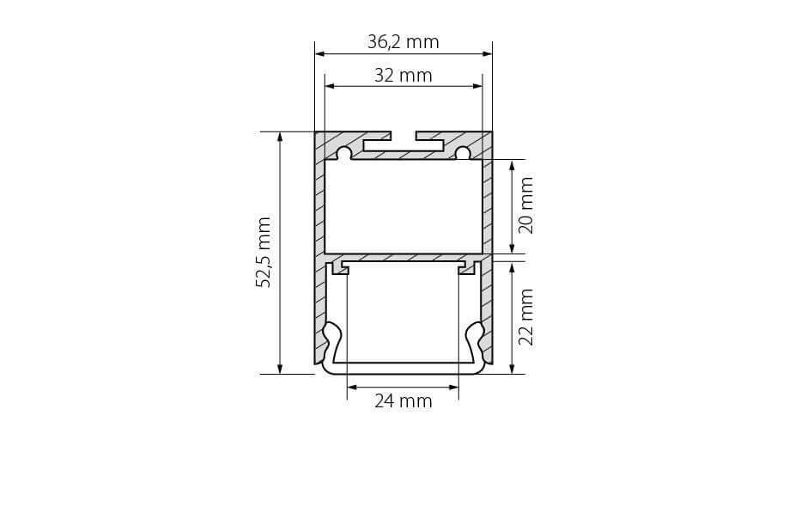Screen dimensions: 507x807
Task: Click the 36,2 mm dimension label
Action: coord(403,41)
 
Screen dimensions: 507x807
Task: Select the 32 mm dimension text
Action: coord(403,76)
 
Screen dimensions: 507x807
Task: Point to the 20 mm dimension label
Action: coord(526,205)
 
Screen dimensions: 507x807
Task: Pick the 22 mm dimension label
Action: coord(526,316)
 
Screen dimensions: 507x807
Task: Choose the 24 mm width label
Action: coord(403,400)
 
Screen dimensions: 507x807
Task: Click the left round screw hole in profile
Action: coord(343,154)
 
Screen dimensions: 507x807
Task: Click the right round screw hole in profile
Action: coord(463,154)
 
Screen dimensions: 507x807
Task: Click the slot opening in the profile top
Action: coord(403,136)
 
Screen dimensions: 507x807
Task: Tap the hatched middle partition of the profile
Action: coord(403,257)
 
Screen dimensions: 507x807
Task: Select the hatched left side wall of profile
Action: coord(319,258)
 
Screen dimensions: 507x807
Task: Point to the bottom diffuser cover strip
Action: coord(403,368)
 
